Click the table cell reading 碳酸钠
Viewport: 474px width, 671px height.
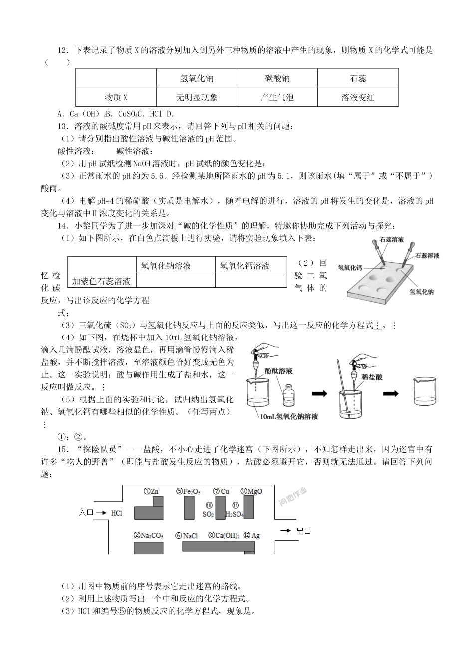click(277, 78)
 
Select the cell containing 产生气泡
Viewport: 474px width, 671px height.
click(277, 97)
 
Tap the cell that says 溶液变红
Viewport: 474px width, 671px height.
click(358, 97)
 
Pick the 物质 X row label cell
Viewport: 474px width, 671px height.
click(116, 97)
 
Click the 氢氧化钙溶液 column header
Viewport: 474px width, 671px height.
click(251, 264)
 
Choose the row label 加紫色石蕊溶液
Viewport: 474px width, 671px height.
click(102, 280)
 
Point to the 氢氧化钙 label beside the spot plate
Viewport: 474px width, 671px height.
click(350, 268)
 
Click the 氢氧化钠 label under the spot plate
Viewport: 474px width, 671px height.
click(421, 292)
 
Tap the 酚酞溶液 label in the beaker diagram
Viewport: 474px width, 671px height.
click(278, 371)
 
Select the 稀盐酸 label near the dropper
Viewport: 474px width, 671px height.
click(372, 377)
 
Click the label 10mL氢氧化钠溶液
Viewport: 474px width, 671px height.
click(289, 417)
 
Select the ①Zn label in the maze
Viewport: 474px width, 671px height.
click(151, 491)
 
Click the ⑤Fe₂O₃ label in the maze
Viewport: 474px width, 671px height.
click(188, 492)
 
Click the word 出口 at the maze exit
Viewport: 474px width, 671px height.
click(303, 531)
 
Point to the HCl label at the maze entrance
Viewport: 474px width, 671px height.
click(117, 513)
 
